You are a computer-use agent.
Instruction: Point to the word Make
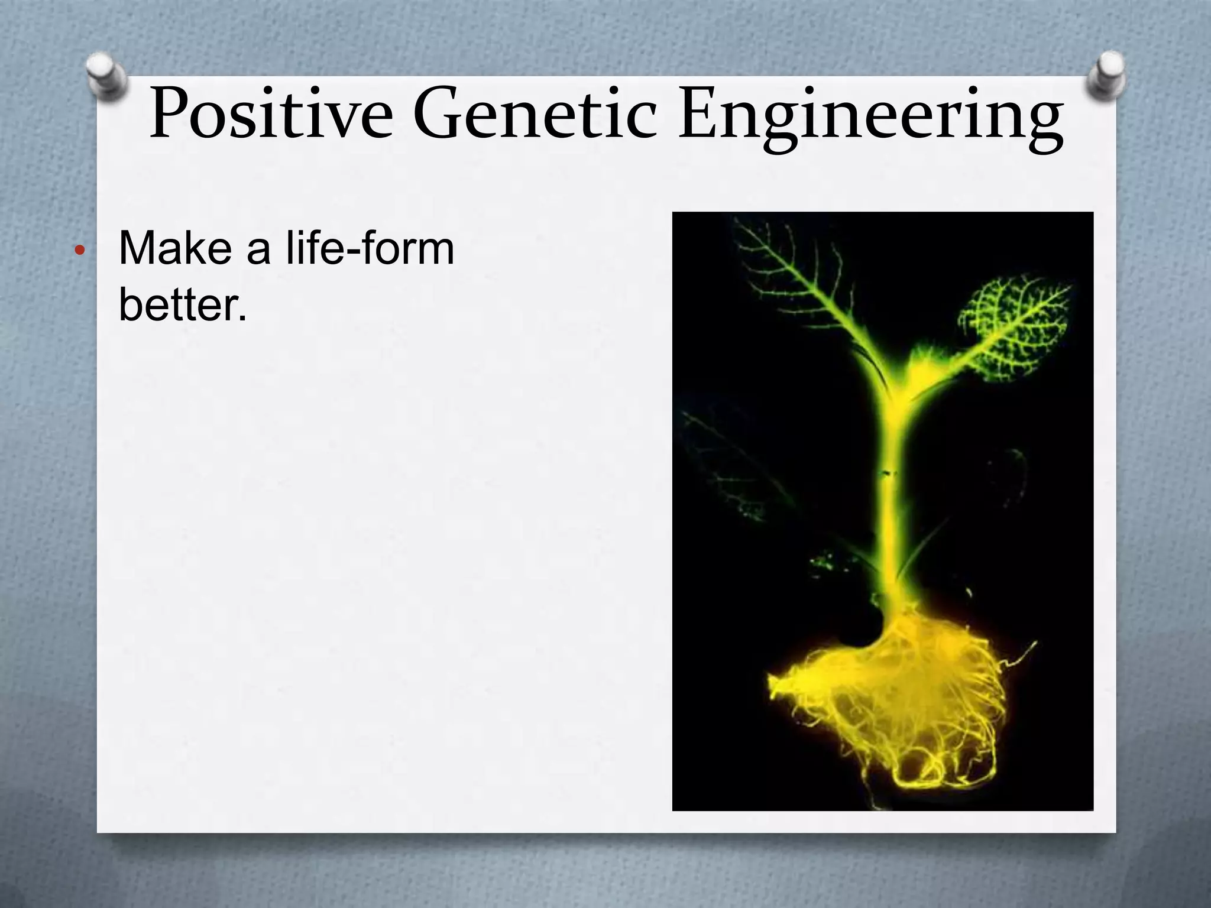175,248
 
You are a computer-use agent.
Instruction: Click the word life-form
370,248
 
